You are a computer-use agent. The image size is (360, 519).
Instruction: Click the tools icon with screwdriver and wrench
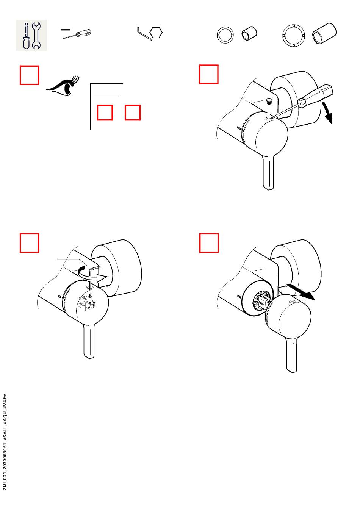(x=31, y=35)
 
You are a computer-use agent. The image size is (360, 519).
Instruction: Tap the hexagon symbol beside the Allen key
(x=156, y=33)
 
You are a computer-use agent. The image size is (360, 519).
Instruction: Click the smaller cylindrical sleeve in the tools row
(x=249, y=33)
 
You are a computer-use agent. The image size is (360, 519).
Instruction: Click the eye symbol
(x=63, y=86)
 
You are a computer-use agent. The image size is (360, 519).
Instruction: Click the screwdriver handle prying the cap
(x=316, y=95)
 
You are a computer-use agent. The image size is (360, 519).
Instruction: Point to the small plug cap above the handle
(x=269, y=101)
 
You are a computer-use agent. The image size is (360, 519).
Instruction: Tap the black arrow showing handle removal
(x=301, y=292)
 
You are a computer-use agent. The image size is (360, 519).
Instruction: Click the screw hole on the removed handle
(x=292, y=302)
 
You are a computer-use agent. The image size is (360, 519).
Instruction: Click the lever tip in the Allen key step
(x=89, y=356)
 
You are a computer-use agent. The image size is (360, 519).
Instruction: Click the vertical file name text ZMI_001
(x=5, y=442)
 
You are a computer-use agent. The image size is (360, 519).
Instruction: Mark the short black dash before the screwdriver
(x=66, y=30)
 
